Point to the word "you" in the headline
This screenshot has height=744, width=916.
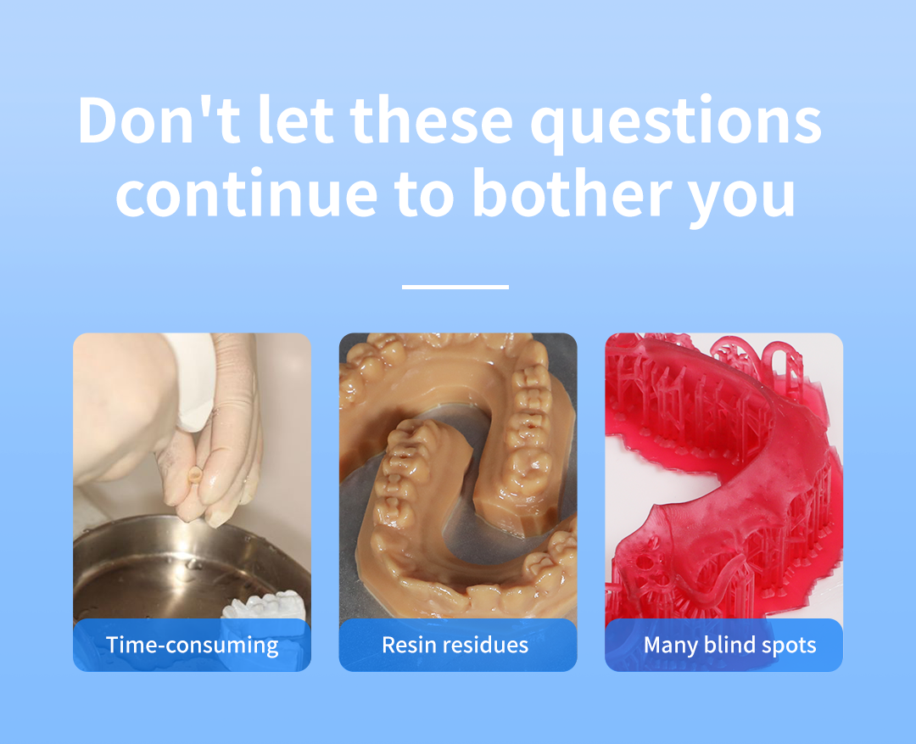point(741,199)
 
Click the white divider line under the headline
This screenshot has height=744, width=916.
point(455,287)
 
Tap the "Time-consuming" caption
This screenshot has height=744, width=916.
point(193,645)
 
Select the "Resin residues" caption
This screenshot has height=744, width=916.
point(455,645)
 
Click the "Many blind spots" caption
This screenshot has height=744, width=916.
point(729,646)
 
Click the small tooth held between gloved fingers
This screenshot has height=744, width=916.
point(195,474)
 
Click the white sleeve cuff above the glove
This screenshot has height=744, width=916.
point(193,380)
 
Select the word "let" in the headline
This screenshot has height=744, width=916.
point(296,120)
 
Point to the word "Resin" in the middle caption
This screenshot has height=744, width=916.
point(410,645)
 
